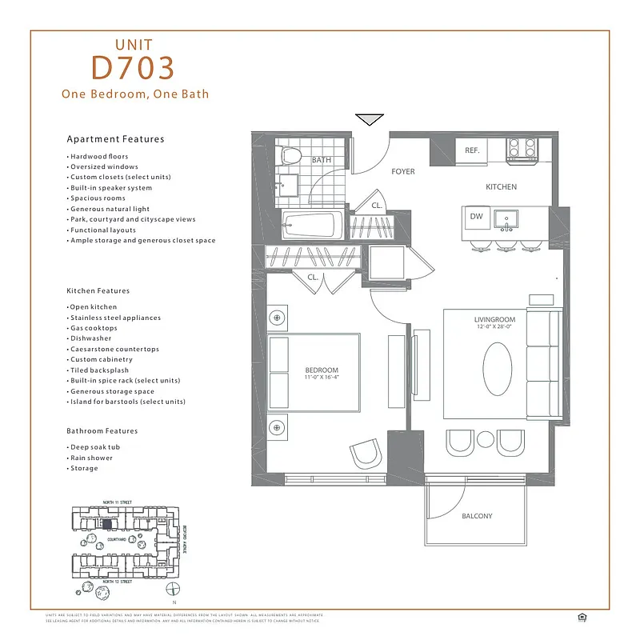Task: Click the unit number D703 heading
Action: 133,69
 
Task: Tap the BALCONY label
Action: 477,516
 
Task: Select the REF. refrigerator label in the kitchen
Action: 472,150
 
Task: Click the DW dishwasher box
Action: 476,216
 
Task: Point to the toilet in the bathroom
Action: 290,156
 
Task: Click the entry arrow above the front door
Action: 369,121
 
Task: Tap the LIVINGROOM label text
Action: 493,320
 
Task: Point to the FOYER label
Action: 402,171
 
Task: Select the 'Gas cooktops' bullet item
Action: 93,328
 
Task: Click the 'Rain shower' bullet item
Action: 91,458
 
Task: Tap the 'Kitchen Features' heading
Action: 98,290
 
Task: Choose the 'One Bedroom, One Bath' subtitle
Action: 135,94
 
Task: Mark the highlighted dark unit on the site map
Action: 106,523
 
